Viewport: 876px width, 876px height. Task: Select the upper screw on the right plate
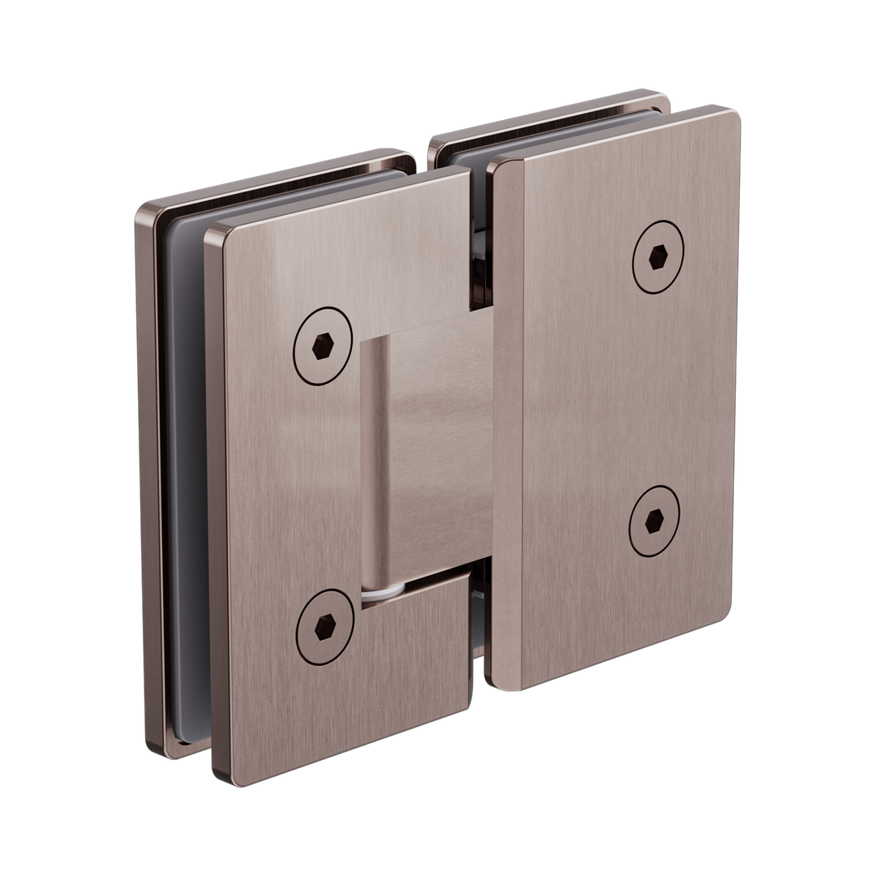tap(658, 256)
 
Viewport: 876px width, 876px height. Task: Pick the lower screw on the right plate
tap(655, 521)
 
